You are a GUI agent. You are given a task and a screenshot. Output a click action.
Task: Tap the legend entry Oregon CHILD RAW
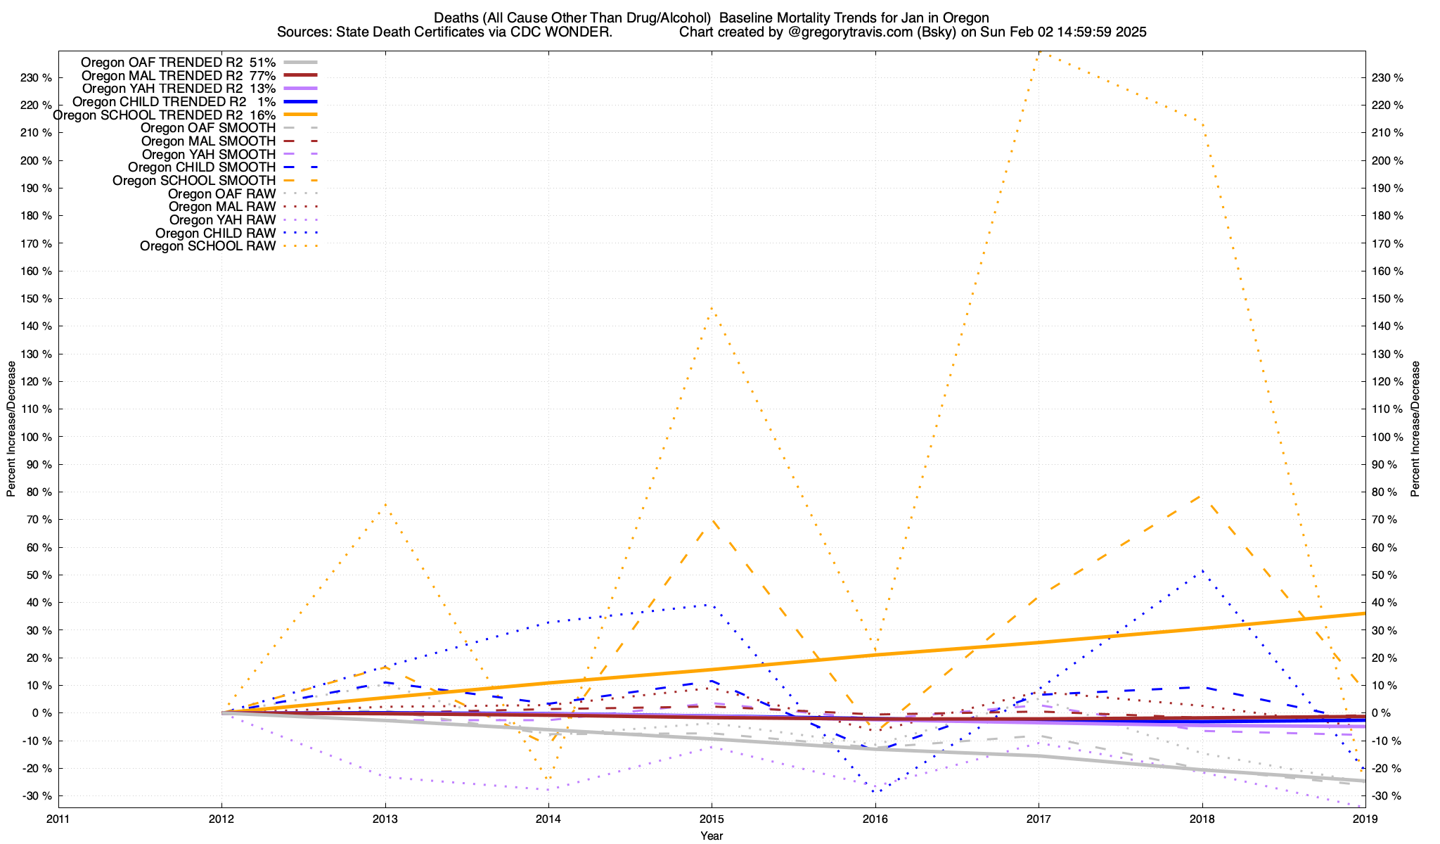coord(215,233)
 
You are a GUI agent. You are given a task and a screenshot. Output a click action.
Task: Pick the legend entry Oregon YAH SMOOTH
coord(208,154)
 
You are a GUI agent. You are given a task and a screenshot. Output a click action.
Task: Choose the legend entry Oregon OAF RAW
coord(221,193)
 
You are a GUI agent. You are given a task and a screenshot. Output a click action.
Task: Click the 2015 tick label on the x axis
coord(712,819)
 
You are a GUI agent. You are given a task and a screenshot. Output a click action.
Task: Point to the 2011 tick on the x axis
coord(58,819)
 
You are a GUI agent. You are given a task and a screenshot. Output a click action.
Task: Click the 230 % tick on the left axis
coord(37,77)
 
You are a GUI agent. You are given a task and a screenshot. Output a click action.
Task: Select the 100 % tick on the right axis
coord(1387,437)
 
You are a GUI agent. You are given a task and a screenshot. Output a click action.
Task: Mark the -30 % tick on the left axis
coord(37,796)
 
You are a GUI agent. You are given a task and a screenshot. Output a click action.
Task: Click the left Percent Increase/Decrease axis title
coord(11,429)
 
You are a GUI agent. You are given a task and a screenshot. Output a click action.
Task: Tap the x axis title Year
coord(712,836)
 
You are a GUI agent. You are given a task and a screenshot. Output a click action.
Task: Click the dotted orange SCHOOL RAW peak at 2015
coord(712,307)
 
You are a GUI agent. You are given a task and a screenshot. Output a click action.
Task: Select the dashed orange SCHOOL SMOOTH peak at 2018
coord(1202,496)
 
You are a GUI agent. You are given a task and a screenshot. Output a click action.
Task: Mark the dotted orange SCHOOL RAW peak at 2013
coord(385,504)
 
